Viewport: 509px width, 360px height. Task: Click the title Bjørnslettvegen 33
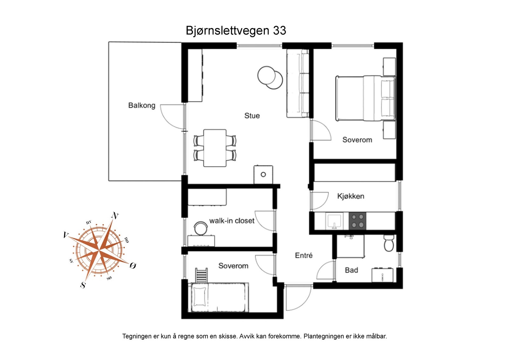coord(236,31)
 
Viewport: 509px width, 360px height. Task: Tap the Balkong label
coord(142,105)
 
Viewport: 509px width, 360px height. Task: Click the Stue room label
coord(252,116)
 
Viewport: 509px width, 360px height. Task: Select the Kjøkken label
coord(351,196)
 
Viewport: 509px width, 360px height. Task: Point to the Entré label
coord(303,255)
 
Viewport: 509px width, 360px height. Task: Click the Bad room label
coord(351,270)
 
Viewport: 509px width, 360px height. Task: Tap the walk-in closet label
coord(232,221)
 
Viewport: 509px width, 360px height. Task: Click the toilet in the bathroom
coord(389,243)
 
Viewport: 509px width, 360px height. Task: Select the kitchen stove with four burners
coord(357,221)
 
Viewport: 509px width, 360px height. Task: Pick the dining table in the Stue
coord(215,148)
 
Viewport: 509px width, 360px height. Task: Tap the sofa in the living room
coord(297,83)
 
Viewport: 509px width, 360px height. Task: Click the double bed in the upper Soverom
coord(365,98)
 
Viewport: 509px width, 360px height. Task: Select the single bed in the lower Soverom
coord(220,297)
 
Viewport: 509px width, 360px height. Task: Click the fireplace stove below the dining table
coord(263,174)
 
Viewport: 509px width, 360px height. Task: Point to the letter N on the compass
coord(115,216)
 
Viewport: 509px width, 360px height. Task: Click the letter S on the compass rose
coord(83,285)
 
